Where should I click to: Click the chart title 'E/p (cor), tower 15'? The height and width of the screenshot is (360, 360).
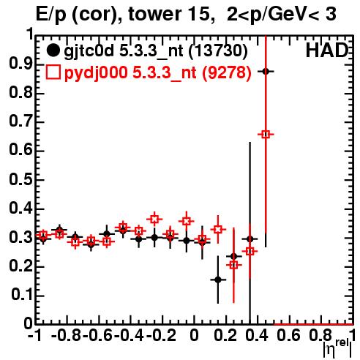tap(123, 14)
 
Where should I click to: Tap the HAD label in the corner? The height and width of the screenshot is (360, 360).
tap(327, 50)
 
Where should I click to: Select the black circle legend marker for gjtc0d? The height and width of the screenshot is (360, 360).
tap(53, 50)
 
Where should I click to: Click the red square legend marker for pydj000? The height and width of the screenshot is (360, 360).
tap(53, 72)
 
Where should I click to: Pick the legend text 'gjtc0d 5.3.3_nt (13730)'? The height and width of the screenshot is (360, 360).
tap(156, 51)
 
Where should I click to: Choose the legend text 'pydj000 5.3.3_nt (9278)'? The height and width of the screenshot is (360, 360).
tap(158, 72)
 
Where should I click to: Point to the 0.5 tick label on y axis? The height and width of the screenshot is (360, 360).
tap(20, 180)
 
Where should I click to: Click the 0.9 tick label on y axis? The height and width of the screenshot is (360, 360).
tap(20, 64)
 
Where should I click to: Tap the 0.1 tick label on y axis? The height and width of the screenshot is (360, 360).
tap(21, 295)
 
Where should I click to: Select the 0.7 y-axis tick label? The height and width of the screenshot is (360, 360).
tap(20, 121)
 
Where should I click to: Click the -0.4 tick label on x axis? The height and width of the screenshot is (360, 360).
tap(130, 335)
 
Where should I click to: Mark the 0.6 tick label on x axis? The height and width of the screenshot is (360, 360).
tap(289, 335)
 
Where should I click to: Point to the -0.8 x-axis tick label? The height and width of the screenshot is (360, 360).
tap(67, 335)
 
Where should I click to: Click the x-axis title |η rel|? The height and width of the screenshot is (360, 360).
tap(337, 348)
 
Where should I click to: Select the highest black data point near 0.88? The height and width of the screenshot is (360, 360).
tap(266, 72)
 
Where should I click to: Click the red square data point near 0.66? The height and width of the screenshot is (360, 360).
tap(266, 134)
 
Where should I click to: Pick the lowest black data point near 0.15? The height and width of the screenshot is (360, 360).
tap(218, 280)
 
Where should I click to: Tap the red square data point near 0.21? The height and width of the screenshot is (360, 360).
tap(233, 265)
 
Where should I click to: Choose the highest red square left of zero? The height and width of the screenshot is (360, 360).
tap(154, 220)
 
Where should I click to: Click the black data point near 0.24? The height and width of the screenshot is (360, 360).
tap(233, 256)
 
